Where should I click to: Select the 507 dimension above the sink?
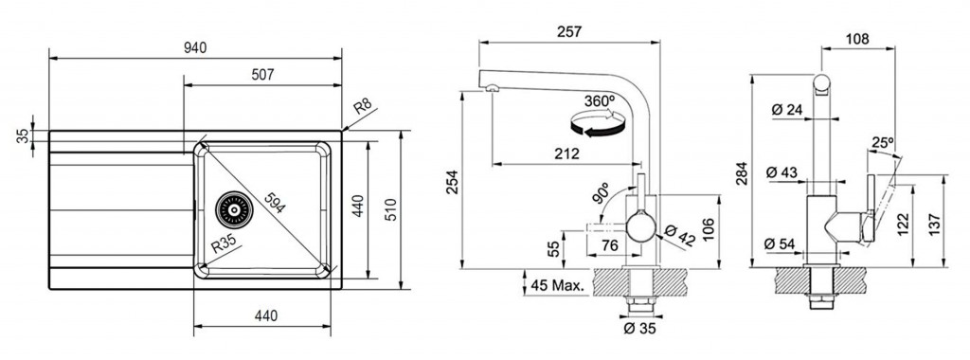click(262, 75)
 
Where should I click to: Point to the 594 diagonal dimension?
click(274, 203)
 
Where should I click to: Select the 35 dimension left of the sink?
click(23, 136)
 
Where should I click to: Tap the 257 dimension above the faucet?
click(569, 31)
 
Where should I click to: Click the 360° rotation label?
click(600, 99)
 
